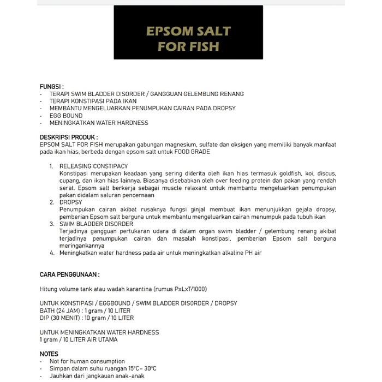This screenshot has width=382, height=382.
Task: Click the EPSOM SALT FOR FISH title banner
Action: (x=188, y=38)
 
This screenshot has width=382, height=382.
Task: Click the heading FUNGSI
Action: (x=52, y=87)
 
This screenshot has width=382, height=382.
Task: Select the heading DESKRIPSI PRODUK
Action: (x=69, y=138)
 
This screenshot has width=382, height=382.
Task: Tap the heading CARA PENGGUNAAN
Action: (x=69, y=274)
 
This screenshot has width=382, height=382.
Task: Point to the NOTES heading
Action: (x=49, y=354)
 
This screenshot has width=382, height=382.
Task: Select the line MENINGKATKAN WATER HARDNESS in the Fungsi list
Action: (x=98, y=123)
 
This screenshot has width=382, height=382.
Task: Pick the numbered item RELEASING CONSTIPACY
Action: (x=93, y=166)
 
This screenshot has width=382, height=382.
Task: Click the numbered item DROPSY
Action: (x=70, y=202)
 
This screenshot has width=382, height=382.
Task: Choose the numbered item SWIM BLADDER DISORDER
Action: (x=96, y=224)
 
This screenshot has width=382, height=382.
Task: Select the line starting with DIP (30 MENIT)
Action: (x=87, y=318)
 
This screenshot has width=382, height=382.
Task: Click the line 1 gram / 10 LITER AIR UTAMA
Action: (x=79, y=339)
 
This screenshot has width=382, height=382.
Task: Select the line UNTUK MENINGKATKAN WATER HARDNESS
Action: (x=99, y=332)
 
